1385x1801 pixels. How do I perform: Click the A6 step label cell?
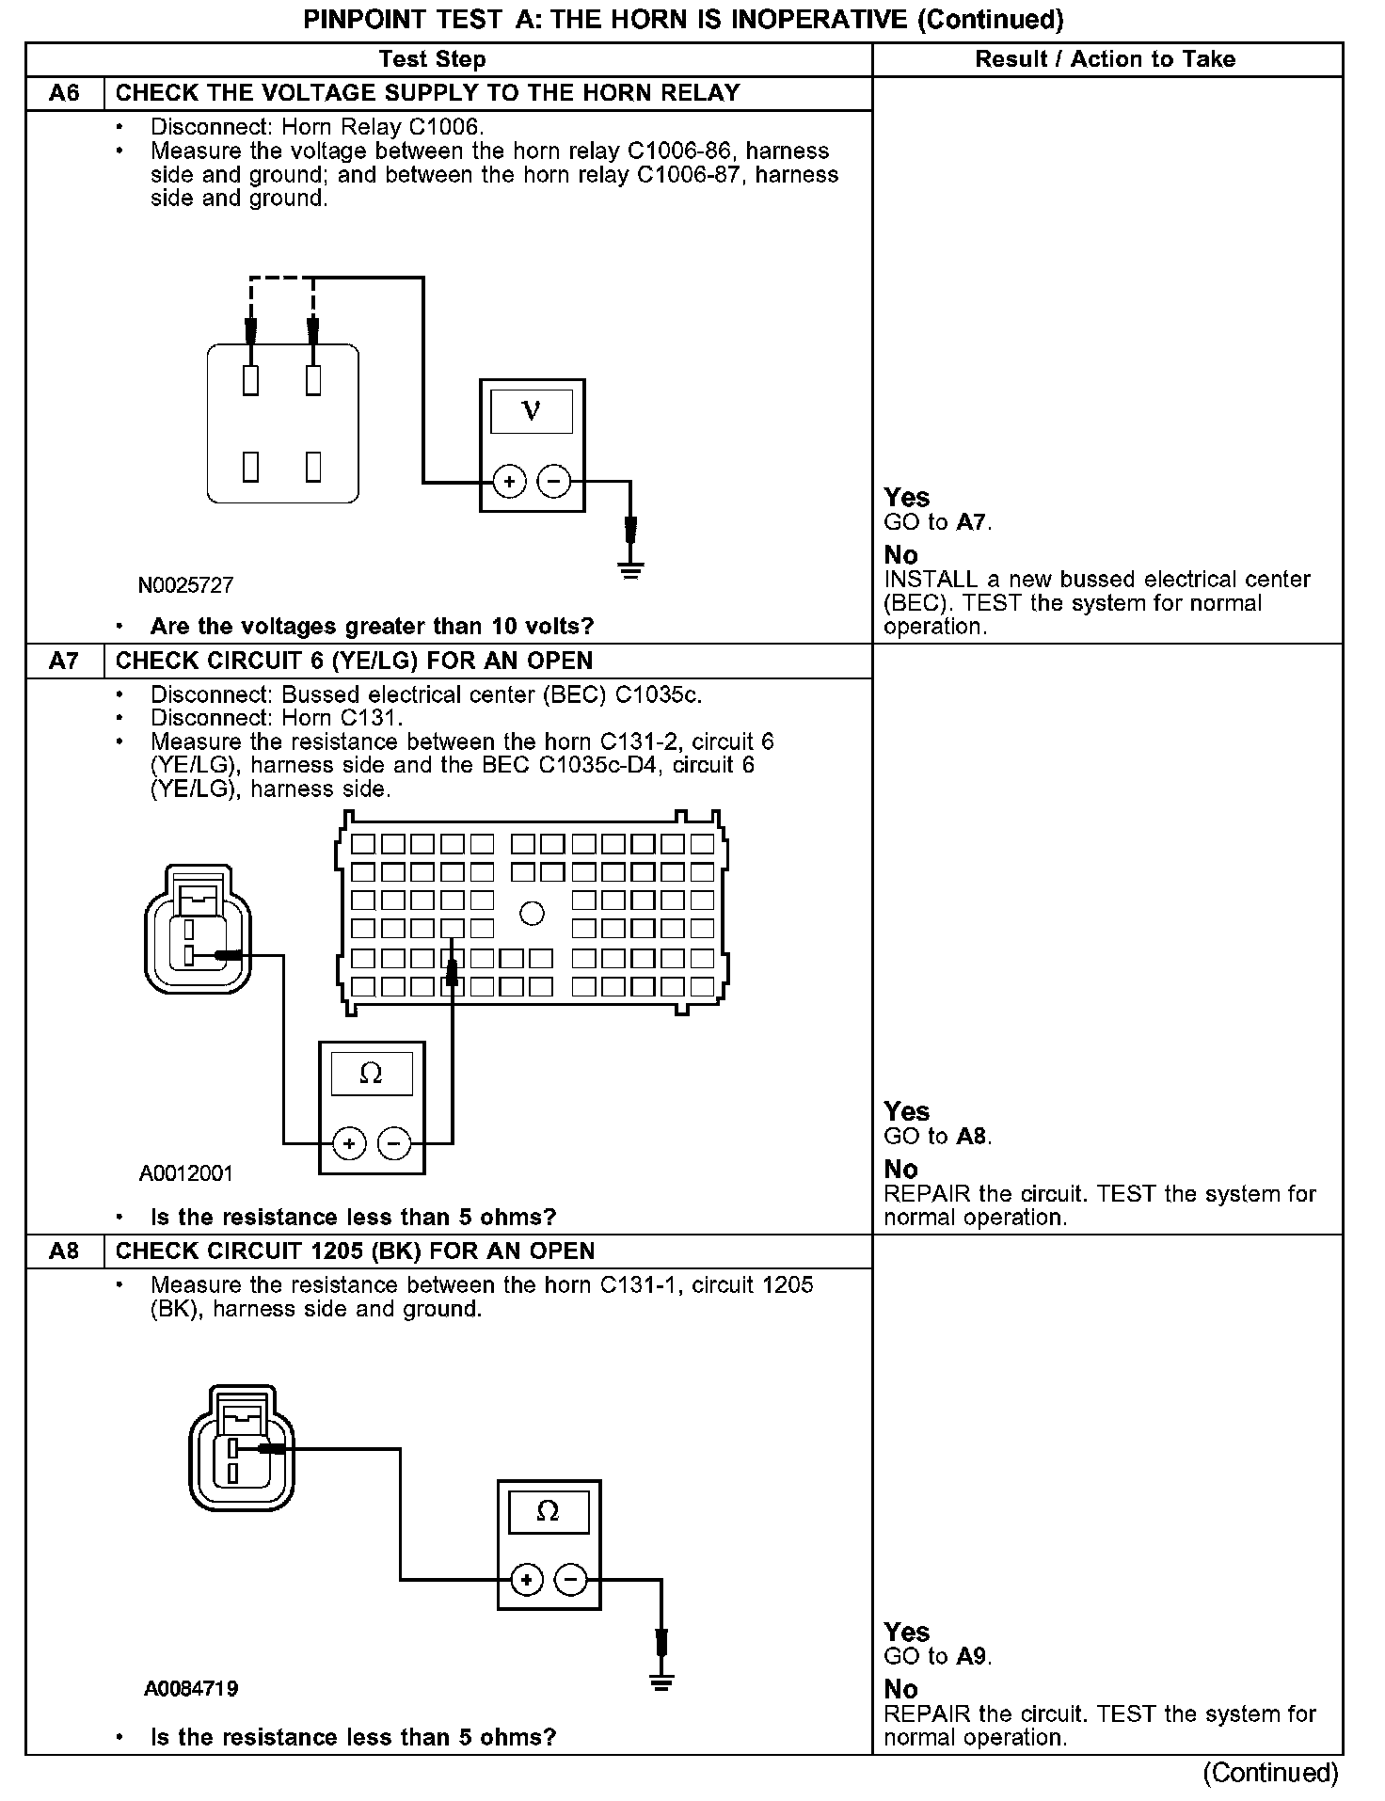[x=64, y=93]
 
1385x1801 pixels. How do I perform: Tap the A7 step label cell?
[x=64, y=661]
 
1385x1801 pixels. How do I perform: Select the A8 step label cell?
[x=64, y=1251]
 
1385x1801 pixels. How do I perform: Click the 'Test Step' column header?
[x=432, y=59]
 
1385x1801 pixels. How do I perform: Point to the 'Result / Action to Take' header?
[x=1105, y=59]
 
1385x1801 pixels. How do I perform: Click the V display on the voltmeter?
[x=532, y=411]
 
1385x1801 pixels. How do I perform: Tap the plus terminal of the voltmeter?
[x=509, y=483]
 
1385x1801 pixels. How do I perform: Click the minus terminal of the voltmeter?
[x=554, y=483]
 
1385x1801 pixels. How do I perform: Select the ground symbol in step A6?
[x=630, y=567]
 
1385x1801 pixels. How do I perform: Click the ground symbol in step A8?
[x=661, y=1682]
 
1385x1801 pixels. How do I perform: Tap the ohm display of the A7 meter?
[x=371, y=1074]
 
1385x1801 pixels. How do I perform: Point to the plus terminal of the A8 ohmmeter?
[x=527, y=1579]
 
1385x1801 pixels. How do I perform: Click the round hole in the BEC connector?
[x=532, y=913]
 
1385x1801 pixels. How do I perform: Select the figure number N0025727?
[x=185, y=585]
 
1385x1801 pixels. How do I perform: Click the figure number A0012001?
[x=185, y=1173]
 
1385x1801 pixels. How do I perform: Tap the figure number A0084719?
[x=191, y=1688]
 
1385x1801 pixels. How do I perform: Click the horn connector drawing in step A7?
[x=198, y=930]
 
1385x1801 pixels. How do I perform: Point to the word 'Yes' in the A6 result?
[x=907, y=498]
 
